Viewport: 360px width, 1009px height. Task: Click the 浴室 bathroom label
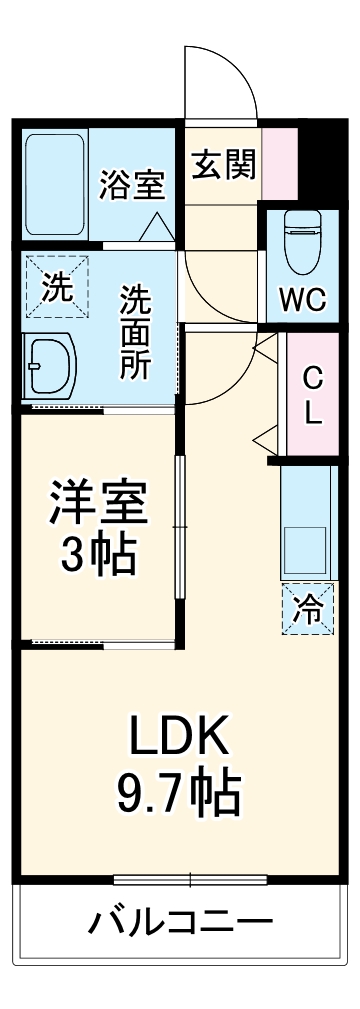(x=133, y=184)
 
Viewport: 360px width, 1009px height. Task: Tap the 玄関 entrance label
(x=223, y=162)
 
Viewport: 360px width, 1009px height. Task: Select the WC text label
(x=301, y=298)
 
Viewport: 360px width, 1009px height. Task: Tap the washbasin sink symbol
(x=50, y=366)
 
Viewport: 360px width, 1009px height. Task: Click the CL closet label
(x=313, y=395)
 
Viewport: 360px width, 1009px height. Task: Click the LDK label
(x=179, y=739)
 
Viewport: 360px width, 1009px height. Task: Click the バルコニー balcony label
(x=179, y=920)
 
